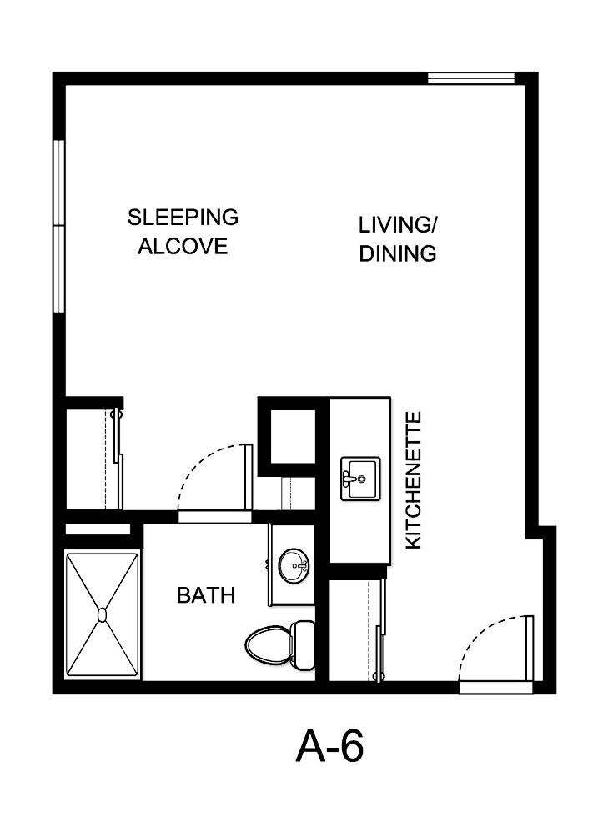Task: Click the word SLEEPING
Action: click(x=183, y=218)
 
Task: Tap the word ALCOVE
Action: click(x=183, y=247)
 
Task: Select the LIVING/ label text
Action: click(x=398, y=225)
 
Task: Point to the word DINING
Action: click(x=398, y=254)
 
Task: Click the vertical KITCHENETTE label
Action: click(x=413, y=480)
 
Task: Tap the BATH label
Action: click(x=205, y=596)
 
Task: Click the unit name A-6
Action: click(x=329, y=746)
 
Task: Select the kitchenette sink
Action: click(x=359, y=479)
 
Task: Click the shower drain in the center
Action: click(x=102, y=615)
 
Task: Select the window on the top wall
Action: click(x=471, y=79)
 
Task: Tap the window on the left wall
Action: click(x=59, y=226)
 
